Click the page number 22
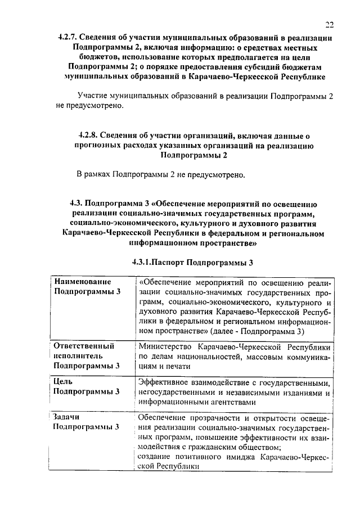[329, 24]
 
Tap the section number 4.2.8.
[88, 136]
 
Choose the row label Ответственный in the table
[83, 346]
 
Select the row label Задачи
[65, 417]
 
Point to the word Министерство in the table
[165, 346]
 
